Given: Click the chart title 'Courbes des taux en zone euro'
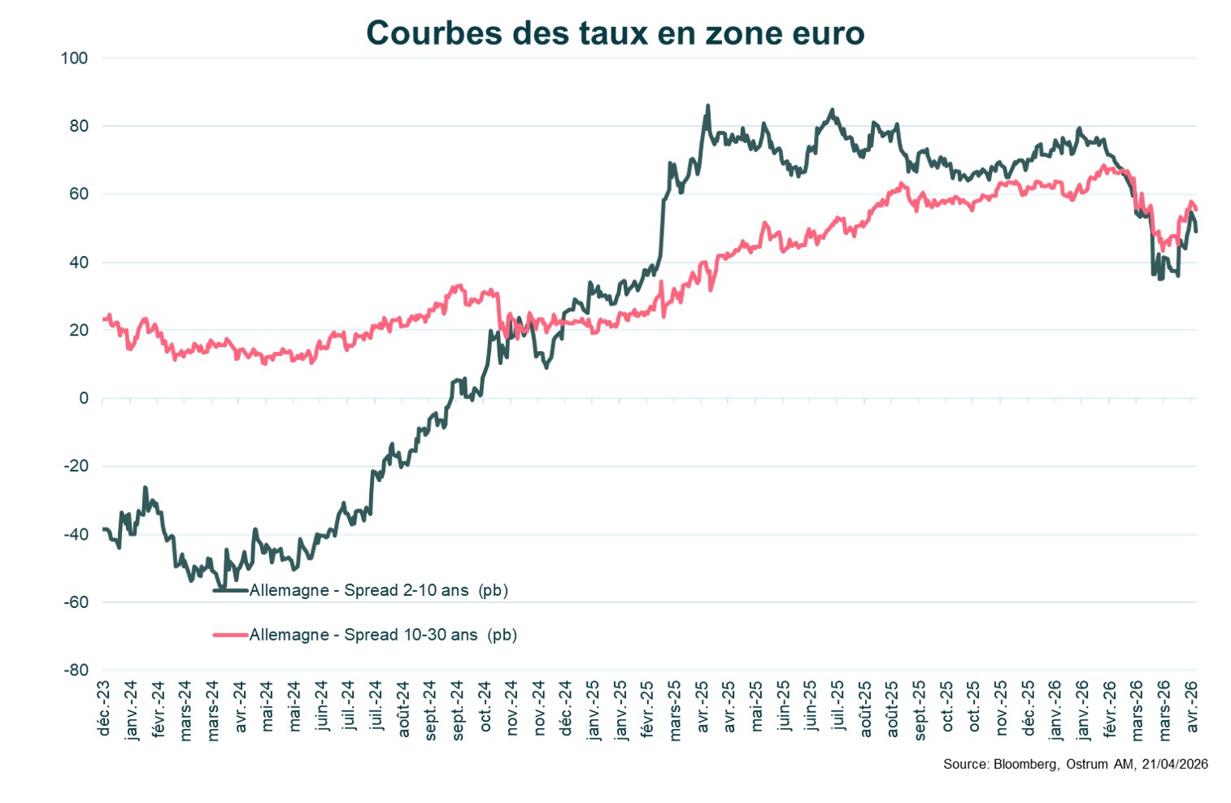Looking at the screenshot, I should point(615,33).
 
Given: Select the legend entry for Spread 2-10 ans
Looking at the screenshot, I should point(378,591).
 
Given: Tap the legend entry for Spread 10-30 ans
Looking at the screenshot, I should point(382,635).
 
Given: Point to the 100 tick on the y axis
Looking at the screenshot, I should point(74,59).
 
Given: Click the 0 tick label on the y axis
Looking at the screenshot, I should point(84,398).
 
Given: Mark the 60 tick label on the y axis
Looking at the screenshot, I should point(79,194).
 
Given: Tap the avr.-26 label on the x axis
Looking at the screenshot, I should point(1192,707).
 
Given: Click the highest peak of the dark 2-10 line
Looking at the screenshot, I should point(707,106).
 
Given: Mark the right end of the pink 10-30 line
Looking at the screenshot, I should point(1195,210).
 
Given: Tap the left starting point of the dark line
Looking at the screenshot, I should point(103,529).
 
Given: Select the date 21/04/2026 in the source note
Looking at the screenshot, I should point(1175,764).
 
